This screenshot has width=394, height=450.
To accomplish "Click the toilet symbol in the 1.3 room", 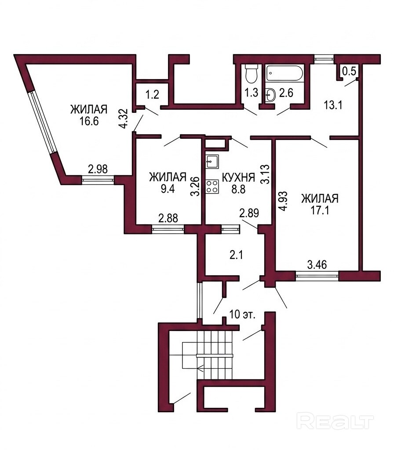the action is pos(252,74).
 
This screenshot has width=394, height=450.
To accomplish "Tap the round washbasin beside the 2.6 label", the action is pos(270,95).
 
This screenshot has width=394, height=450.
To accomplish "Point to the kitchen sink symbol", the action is pos(212,162).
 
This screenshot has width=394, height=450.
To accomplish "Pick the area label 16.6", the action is pos(89,121).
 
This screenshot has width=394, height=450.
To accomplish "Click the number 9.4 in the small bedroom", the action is pos(168,189).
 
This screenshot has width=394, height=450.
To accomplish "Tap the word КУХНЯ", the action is pos(238,178).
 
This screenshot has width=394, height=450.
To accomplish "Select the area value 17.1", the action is pos(320,211).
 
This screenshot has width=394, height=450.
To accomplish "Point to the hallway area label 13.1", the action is pos(333,105).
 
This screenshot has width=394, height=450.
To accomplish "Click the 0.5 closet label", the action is pos(349,71).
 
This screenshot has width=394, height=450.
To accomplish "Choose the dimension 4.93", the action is pos(283,202).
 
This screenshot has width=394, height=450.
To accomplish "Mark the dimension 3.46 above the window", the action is pos(317,265).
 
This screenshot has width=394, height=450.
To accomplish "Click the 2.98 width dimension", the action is pos(98,169).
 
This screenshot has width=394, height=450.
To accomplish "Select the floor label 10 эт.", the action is pos(243,314).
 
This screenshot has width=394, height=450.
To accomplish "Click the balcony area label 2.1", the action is pos(236,255).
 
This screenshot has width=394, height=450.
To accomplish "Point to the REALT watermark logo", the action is pos(335,421).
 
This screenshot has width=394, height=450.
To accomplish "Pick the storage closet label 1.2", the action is pos(152,94).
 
